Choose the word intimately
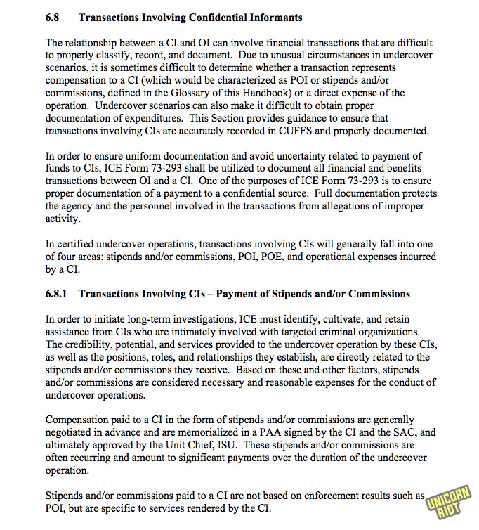[x=204, y=332]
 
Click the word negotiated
[x=72, y=432]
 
